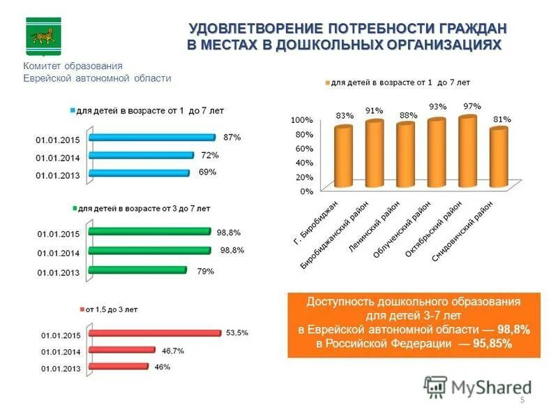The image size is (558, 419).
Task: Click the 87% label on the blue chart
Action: pos(232,138)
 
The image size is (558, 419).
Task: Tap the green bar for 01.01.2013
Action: pos(137,270)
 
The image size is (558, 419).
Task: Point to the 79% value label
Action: pos(206,271)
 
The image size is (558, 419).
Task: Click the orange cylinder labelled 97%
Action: pos(467,152)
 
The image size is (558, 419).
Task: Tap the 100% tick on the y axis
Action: pos(301,120)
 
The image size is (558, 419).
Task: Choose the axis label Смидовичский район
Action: pos(463,230)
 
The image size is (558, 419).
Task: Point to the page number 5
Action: pos(522,399)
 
